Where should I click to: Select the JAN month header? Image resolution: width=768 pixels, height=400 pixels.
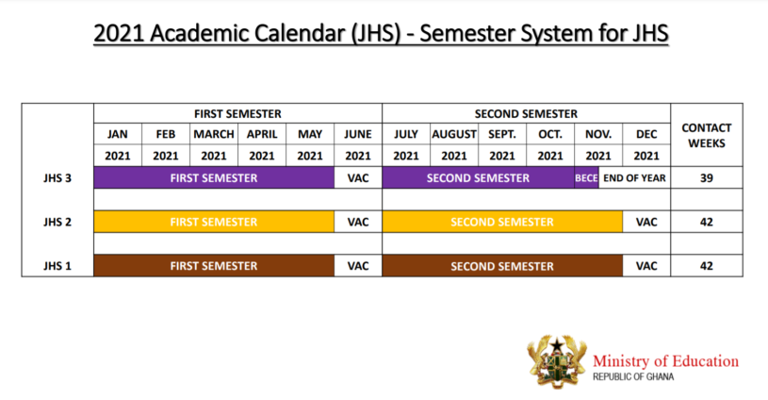pyautogui.click(x=117, y=134)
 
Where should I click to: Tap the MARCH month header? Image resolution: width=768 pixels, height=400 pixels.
pyautogui.click(x=214, y=134)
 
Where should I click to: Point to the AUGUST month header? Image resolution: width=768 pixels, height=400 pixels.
pyautogui.click(x=454, y=134)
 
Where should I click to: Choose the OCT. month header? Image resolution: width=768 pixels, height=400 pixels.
pyautogui.click(x=550, y=134)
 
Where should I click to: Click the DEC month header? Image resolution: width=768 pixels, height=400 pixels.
pyautogui.click(x=646, y=134)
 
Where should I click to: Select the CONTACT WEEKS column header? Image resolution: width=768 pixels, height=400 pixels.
pyautogui.click(x=707, y=135)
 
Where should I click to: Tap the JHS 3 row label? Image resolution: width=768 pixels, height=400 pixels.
pyautogui.click(x=57, y=177)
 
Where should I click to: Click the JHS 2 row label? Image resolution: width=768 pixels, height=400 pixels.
pyautogui.click(x=57, y=222)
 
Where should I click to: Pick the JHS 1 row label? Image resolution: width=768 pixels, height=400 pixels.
pyautogui.click(x=57, y=266)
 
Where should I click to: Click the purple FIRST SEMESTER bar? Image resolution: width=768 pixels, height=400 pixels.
pyautogui.click(x=214, y=177)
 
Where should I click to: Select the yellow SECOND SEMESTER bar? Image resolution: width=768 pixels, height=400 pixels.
pyautogui.click(x=502, y=222)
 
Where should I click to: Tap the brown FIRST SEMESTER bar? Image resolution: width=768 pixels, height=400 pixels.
pyautogui.click(x=214, y=266)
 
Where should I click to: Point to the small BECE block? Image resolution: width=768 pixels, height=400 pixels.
pyautogui.click(x=586, y=177)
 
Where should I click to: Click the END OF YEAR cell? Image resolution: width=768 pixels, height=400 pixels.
pyautogui.click(x=635, y=177)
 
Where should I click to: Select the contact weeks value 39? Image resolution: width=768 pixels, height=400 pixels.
pyautogui.click(x=707, y=177)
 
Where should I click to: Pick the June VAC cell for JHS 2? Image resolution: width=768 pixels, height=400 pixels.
pyautogui.click(x=358, y=222)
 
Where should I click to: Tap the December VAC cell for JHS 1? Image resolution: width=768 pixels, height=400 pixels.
pyautogui.click(x=646, y=266)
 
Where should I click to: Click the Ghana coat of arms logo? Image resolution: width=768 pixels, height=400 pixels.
pyautogui.click(x=556, y=359)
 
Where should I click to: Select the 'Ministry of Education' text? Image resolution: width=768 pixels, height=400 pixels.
pyautogui.click(x=665, y=360)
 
